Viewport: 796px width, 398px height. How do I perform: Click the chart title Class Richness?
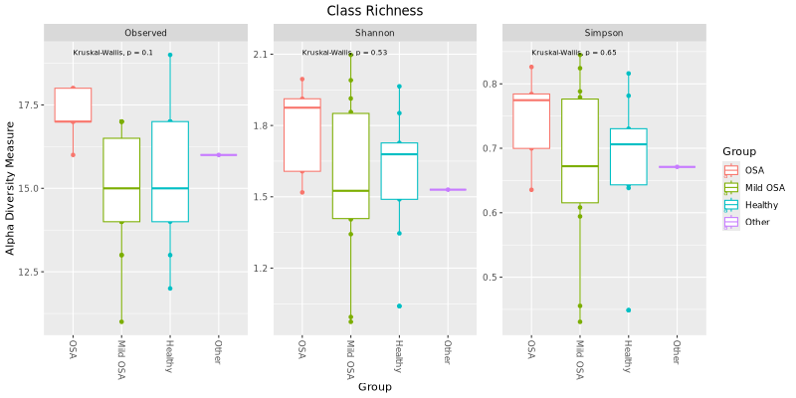click(x=374, y=10)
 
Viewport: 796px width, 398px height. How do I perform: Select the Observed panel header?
click(x=146, y=33)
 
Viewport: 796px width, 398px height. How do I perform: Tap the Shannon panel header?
click(x=375, y=33)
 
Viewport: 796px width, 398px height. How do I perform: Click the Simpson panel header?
click(x=604, y=33)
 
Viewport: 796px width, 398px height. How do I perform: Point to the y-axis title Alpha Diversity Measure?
click(x=11, y=188)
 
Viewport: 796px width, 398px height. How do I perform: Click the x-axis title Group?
click(x=374, y=386)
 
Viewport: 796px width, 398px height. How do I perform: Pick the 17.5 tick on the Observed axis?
click(x=28, y=104)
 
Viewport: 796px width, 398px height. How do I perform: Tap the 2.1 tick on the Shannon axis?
click(x=261, y=54)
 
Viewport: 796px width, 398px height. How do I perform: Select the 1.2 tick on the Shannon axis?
click(x=261, y=268)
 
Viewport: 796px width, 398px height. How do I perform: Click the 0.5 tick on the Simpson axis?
click(x=490, y=277)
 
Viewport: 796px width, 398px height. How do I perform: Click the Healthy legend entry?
click(x=761, y=205)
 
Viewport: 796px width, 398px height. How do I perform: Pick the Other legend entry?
click(x=757, y=222)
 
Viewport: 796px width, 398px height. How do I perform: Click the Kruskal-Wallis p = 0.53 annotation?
click(x=344, y=53)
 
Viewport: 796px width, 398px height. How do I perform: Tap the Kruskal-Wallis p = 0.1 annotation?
click(x=113, y=53)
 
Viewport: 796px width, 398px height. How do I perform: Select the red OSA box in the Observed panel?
click(x=73, y=104)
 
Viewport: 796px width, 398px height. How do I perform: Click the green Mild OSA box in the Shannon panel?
click(x=350, y=165)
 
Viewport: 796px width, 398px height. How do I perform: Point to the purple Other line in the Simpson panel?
click(x=677, y=166)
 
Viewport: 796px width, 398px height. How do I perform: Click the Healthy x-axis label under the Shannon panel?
click(x=398, y=355)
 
